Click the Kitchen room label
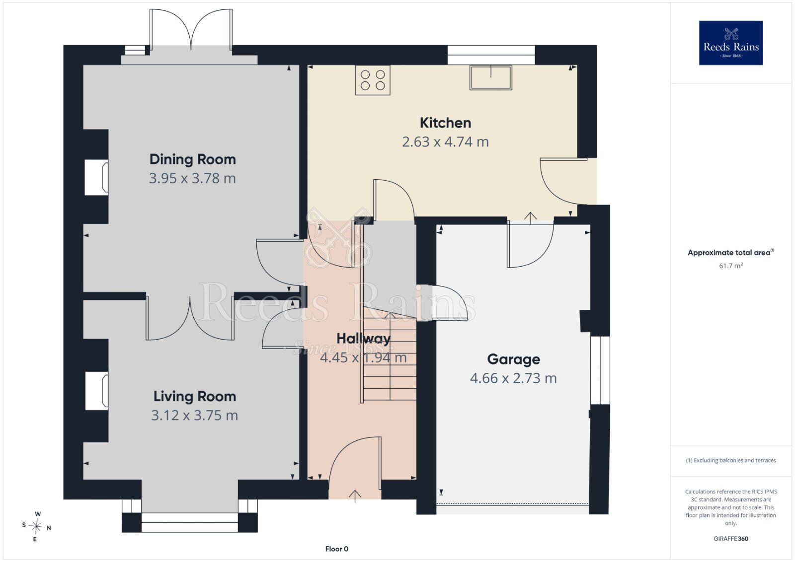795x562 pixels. click(x=445, y=123)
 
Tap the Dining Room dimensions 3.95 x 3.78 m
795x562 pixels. click(x=192, y=178)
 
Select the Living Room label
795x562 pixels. click(x=194, y=396)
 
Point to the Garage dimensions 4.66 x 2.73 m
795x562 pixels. click(x=513, y=378)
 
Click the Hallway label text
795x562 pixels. click(x=363, y=339)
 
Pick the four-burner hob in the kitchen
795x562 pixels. click(x=373, y=80)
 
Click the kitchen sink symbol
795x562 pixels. click(x=491, y=77)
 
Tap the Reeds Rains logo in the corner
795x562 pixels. click(x=731, y=43)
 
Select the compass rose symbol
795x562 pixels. click(x=36, y=526)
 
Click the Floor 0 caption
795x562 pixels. click(x=337, y=549)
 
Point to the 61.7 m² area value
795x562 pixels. click(x=731, y=266)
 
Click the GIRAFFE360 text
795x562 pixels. click(x=731, y=539)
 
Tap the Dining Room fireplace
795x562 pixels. click(x=96, y=177)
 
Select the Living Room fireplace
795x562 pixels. click(x=97, y=391)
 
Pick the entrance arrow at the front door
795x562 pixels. click(x=355, y=496)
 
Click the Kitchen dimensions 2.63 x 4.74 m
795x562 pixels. click(x=445, y=142)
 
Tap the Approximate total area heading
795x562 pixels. click(x=731, y=253)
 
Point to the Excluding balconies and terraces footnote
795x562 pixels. click(x=731, y=460)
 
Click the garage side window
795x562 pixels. click(x=600, y=370)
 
